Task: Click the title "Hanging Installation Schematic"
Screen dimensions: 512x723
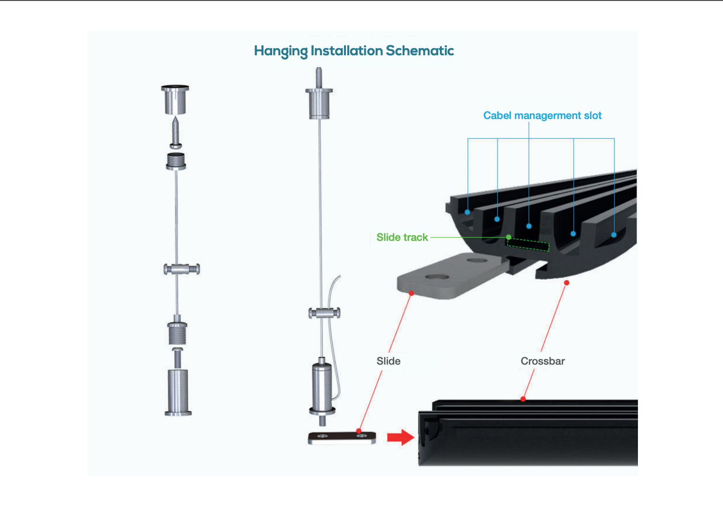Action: click(x=354, y=51)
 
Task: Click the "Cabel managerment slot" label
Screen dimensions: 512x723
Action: click(x=542, y=116)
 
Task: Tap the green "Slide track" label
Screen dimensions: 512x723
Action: click(x=402, y=237)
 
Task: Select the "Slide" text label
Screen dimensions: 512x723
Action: click(x=388, y=361)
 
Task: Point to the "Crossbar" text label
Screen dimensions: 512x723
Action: click(x=542, y=361)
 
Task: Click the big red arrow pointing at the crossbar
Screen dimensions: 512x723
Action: click(x=400, y=437)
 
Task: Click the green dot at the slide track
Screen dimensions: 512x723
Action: click(x=508, y=237)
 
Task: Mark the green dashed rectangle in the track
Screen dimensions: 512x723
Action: click(x=528, y=245)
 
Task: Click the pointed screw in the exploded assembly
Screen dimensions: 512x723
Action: click(x=176, y=133)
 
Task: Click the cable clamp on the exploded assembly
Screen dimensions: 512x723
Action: click(x=181, y=269)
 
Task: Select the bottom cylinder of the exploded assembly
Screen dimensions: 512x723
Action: click(x=178, y=392)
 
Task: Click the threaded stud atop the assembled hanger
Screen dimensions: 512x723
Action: click(x=319, y=77)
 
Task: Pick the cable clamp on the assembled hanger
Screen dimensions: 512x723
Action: click(x=324, y=313)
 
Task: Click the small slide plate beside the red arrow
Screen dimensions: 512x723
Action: click(x=341, y=438)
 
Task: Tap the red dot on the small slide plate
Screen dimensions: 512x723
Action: click(x=359, y=431)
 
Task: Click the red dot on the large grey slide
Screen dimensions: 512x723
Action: click(x=411, y=293)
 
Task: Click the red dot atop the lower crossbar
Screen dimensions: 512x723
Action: click(x=523, y=399)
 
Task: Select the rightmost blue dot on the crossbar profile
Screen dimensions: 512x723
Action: click(x=614, y=235)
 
